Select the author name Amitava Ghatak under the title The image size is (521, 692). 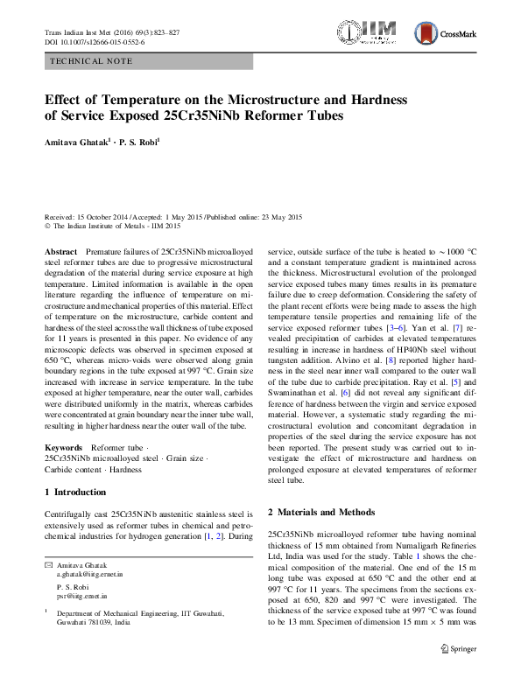pyautogui.click(x=78, y=140)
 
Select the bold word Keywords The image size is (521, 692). pyautogui.click(x=62, y=448)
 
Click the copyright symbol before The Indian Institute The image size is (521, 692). pyautogui.click(x=46, y=225)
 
